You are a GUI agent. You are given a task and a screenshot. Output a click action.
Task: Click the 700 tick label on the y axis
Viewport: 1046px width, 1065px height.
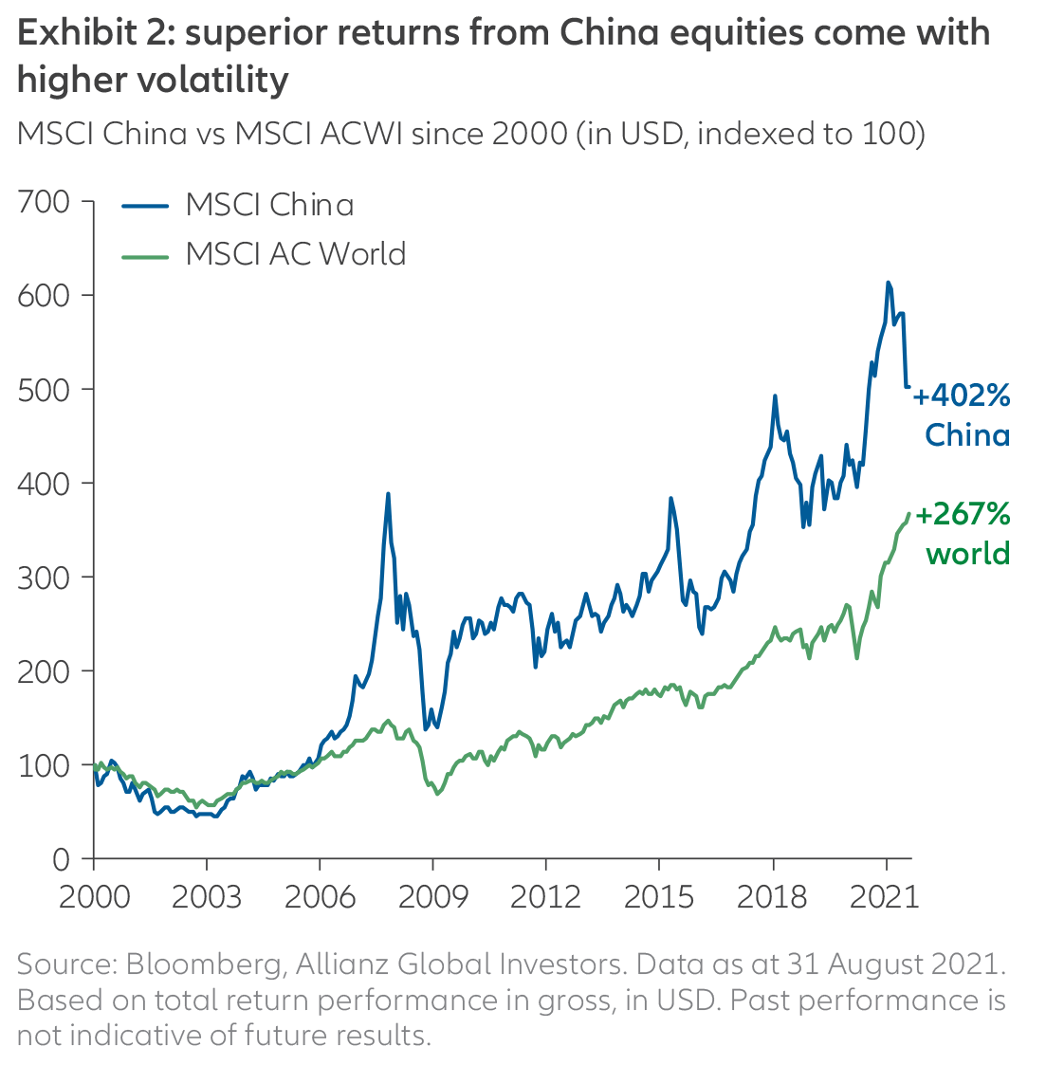44,202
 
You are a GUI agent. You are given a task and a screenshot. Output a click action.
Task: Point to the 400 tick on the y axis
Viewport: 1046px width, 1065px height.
44,484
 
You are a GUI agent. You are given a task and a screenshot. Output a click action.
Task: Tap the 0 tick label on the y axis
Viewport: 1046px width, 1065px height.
61,859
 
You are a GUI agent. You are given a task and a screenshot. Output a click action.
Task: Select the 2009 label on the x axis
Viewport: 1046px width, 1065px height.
432,896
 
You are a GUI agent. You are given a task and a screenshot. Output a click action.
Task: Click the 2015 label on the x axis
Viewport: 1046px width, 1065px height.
659,896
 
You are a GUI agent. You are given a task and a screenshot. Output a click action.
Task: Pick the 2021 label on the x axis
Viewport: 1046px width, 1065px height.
886,896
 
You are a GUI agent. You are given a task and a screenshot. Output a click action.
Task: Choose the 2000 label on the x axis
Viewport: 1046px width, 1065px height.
94,896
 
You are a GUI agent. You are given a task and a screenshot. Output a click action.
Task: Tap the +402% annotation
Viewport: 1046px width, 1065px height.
962,395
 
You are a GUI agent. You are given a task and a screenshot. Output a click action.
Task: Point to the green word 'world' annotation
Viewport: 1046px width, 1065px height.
967,554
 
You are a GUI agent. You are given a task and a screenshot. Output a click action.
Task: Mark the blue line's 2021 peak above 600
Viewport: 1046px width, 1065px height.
888,283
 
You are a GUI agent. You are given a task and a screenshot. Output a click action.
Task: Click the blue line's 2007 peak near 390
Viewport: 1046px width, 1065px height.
388,494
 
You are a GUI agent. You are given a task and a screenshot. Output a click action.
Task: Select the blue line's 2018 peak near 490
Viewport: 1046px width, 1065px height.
775,396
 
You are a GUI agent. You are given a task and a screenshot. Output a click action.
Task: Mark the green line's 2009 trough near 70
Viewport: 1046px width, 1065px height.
437,793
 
